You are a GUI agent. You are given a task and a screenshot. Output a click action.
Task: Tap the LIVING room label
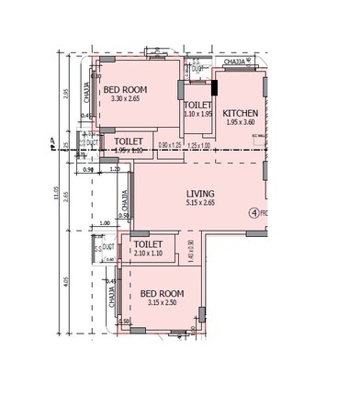[x=200, y=194]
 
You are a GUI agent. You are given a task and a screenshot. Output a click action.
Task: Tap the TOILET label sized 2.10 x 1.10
[x=148, y=244]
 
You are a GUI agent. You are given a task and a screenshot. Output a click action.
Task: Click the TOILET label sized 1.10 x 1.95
[x=197, y=105]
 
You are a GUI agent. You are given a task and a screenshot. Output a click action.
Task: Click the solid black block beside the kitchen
[x=215, y=88]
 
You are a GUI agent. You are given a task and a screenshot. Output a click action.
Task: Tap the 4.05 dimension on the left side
[x=67, y=282]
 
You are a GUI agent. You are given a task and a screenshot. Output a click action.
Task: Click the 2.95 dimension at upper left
[x=67, y=93]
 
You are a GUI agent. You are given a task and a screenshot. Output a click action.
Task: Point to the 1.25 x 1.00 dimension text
[x=198, y=145]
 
